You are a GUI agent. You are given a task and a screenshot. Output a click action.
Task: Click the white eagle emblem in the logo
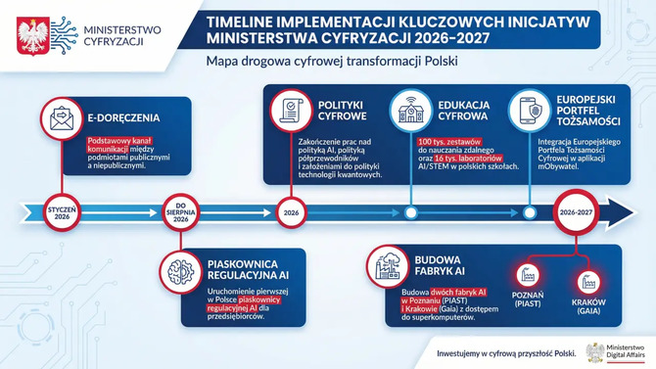(x=29, y=33)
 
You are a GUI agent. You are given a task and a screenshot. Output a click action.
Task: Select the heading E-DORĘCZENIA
(x=123, y=118)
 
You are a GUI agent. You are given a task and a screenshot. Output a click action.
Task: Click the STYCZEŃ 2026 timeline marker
(x=60, y=210)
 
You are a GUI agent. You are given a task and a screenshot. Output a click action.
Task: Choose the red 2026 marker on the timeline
(x=290, y=211)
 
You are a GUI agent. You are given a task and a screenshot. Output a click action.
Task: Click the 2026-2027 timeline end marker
(x=576, y=211)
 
